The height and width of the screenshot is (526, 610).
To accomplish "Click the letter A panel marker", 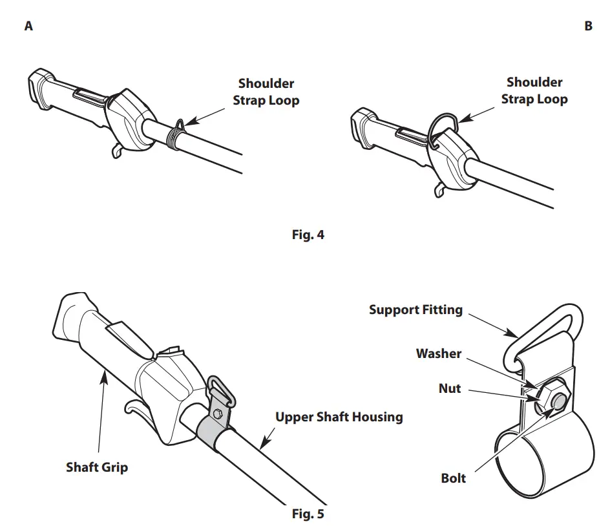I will pos(28,26).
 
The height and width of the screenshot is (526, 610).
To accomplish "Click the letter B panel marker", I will pos(588,26).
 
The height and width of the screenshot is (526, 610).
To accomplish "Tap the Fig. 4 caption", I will pos(308,235).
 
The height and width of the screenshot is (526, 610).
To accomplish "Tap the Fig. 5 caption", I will pos(308,514).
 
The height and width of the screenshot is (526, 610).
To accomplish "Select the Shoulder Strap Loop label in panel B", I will pos(534,90).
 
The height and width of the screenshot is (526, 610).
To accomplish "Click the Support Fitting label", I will pos(415,310).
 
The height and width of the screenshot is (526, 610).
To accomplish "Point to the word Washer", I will pos(439,353).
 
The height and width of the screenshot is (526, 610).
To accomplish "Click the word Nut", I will pos(449,388).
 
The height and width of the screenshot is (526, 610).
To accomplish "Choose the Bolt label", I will pos(453,478).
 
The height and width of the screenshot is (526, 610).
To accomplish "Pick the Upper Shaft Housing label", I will pos(339,417).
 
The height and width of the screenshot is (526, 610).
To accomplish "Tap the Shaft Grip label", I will pos(97,467).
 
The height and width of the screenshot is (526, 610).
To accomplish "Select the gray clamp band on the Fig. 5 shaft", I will pos(214,430).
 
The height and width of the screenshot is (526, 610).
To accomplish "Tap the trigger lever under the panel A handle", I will pos(117,150).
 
